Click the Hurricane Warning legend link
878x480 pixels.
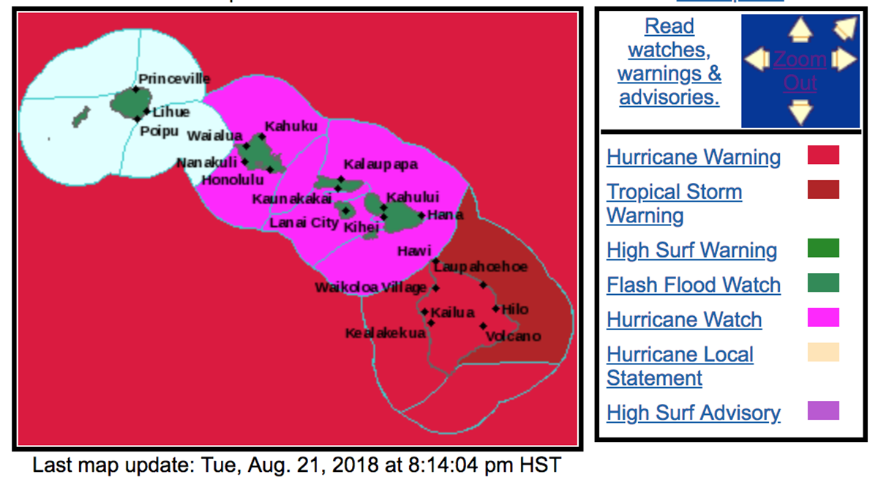coord(693,157)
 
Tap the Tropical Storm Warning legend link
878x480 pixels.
coord(674,203)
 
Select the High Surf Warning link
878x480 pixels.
coord(691,250)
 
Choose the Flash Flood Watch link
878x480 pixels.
coord(693,285)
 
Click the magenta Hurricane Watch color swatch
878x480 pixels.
coord(823,318)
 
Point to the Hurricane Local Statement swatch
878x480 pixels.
coord(823,353)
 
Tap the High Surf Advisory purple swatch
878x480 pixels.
coord(823,410)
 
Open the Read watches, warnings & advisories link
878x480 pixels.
coord(669,61)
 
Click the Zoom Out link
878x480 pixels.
coord(800,71)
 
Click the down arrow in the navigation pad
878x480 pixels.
coord(801,112)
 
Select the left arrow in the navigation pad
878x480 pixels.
coord(757,59)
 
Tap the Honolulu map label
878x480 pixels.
coord(232,179)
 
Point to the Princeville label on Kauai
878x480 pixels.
coord(174,79)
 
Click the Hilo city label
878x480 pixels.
coord(514,310)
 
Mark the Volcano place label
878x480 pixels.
coord(513,336)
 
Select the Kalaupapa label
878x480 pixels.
coord(380,165)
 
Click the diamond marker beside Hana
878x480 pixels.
coord(421,215)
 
